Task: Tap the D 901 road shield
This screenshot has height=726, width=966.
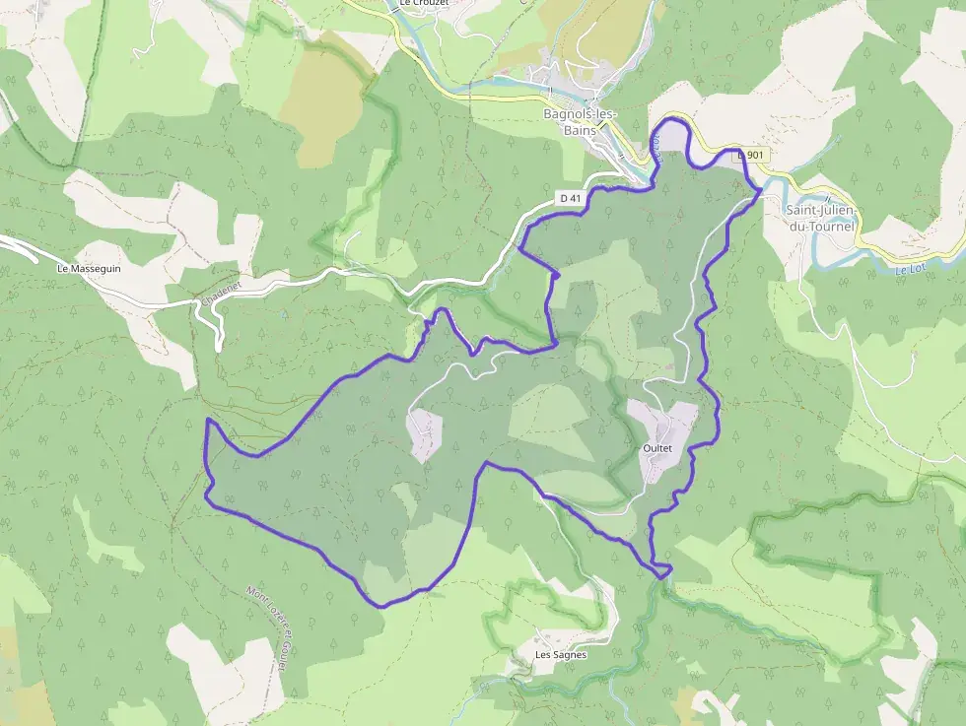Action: coord(751,155)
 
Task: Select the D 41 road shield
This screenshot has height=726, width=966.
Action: coord(570,198)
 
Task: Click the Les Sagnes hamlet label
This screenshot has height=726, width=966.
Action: coord(560,654)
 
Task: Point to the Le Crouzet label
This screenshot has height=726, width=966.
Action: coord(424,4)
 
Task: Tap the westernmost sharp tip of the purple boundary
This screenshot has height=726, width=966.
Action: coord(208,421)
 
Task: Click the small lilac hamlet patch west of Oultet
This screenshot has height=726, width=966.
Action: coord(425,434)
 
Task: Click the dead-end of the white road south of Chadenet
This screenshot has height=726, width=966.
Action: coord(218,349)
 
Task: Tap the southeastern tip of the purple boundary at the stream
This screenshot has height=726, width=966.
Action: coord(669,568)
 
